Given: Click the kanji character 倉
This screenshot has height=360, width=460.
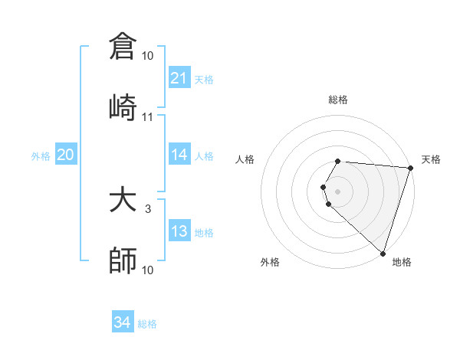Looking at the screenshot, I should [x=123, y=46].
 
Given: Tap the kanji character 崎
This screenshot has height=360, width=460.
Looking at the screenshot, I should [x=123, y=107].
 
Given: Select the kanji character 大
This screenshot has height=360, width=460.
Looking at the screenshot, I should [x=123, y=201].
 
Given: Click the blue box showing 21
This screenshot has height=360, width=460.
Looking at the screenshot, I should [x=179, y=77].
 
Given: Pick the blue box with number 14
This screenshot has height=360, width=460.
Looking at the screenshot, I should [x=179, y=155].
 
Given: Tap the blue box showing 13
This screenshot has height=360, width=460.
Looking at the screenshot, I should [x=179, y=231].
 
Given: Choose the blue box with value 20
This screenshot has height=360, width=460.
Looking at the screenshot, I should [x=65, y=155].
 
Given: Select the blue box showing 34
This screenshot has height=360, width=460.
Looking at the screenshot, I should [x=122, y=322].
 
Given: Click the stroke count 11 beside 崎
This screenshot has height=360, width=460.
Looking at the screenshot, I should [x=148, y=117].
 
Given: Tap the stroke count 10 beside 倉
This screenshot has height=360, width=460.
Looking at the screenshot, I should [x=148, y=55].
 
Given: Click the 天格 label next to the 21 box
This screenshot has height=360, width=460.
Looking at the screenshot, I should [x=204, y=79].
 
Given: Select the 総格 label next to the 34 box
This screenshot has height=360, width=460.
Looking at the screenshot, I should [x=147, y=324].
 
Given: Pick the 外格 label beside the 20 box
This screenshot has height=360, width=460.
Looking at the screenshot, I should [x=41, y=156].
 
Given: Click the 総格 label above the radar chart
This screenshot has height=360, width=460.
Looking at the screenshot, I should [x=337, y=100].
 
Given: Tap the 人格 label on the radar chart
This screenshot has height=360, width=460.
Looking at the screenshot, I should [x=245, y=159].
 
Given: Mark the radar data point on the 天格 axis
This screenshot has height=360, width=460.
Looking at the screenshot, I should [x=410, y=168].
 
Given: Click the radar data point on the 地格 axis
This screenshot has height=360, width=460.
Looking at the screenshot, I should [x=383, y=253].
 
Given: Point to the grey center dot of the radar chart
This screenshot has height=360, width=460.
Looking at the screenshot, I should [x=337, y=191].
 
